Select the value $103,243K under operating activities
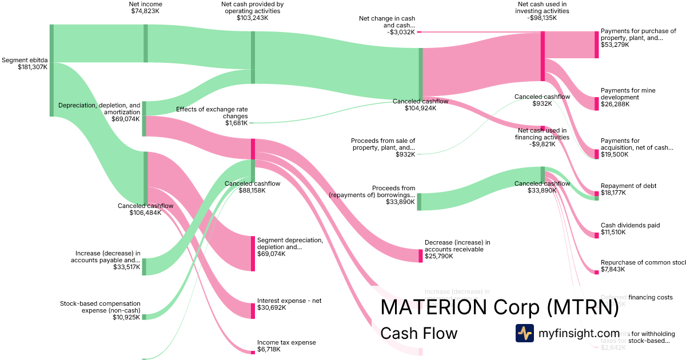(x=252, y=18)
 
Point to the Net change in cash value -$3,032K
(x=400, y=32)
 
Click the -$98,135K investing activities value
(x=542, y=18)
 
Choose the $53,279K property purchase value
(x=615, y=45)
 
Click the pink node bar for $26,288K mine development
(x=596, y=103)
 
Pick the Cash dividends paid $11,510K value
(x=613, y=232)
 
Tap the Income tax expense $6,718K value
(x=270, y=349)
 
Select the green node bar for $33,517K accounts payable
(x=144, y=266)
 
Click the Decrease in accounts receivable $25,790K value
(x=438, y=256)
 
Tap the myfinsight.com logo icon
(x=524, y=333)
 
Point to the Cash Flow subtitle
(x=418, y=333)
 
